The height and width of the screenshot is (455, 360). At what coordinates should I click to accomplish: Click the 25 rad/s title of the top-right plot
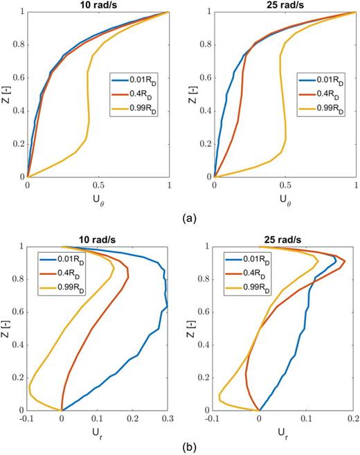pos(285,6)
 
